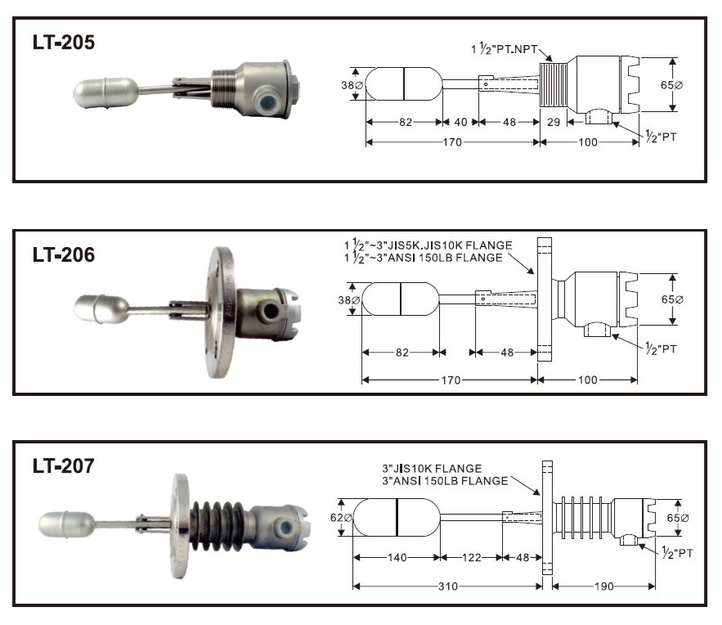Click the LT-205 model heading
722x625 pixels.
tap(64, 43)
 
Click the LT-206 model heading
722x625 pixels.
tap(64, 254)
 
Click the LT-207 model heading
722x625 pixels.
tap(64, 466)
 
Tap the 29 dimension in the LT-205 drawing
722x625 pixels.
tap(554, 122)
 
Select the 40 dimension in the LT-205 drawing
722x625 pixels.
tap(461, 122)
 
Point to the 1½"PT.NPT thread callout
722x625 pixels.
tap(505, 48)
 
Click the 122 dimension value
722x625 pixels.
tap(471, 558)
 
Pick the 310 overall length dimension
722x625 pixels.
tap(448, 587)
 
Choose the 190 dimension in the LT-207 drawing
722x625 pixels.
tap(603, 587)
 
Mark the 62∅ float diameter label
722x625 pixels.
tap(341, 518)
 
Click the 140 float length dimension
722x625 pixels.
tap(397, 558)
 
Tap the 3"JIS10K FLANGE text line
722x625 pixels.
tap(432, 469)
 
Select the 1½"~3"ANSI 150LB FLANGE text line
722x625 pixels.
tap(424, 258)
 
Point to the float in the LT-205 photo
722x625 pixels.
tap(106, 93)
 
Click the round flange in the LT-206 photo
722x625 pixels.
tap(220, 312)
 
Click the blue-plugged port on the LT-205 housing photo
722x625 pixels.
tap(267, 101)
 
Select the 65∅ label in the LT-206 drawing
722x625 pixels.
tap(672, 299)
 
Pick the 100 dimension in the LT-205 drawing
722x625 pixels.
tap(588, 142)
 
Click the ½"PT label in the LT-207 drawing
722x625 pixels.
tap(677, 552)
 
